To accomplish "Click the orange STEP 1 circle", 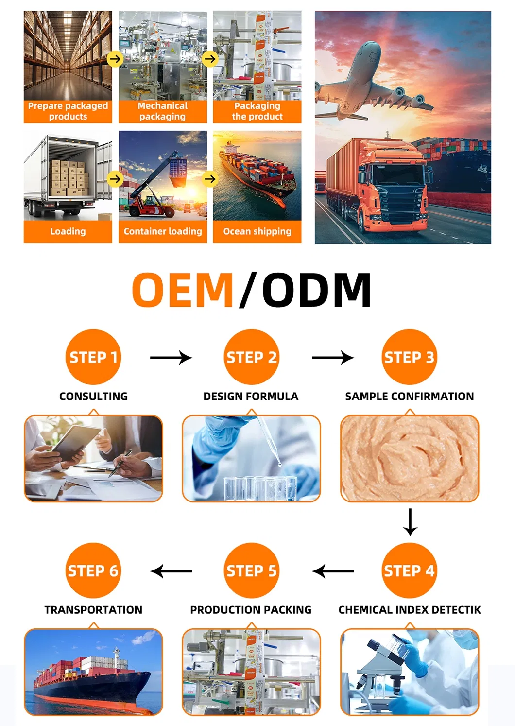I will (x=93, y=357).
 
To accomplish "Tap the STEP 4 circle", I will (x=409, y=570).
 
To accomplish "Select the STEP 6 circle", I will (x=93, y=570).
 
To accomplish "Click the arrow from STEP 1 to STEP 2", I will (x=171, y=358).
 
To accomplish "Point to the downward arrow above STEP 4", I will (x=410, y=522).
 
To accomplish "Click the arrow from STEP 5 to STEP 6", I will (x=172, y=571).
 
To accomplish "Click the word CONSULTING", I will (x=93, y=397).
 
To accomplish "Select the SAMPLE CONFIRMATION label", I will (x=409, y=397).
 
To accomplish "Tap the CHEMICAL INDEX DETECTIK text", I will (x=409, y=610).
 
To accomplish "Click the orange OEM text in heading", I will (x=183, y=290).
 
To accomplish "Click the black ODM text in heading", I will (x=317, y=290).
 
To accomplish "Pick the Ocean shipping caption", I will (x=257, y=232).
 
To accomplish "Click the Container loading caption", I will (x=162, y=232).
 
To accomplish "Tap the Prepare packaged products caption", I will (x=68, y=111).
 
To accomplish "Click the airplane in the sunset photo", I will (x=369, y=83).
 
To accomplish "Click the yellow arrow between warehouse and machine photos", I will (x=115, y=59).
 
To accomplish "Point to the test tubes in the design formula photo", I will (x=260, y=488).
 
